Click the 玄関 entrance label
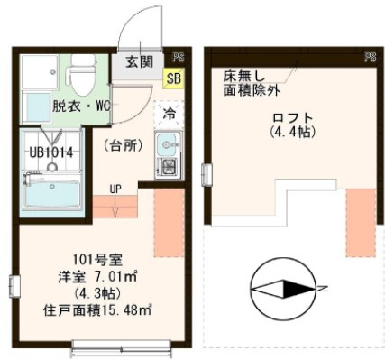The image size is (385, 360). pos(140,63)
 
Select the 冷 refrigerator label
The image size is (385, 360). pos(169,114)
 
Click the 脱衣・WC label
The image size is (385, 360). pos(80,106)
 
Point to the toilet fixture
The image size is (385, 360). pos(82,77)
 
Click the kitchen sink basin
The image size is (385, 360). pos(167,143)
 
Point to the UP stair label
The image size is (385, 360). pos(115,189)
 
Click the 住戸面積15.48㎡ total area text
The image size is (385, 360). pos(89,309)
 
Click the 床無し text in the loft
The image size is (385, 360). pos(243,77)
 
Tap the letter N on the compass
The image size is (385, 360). pos(321,290)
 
